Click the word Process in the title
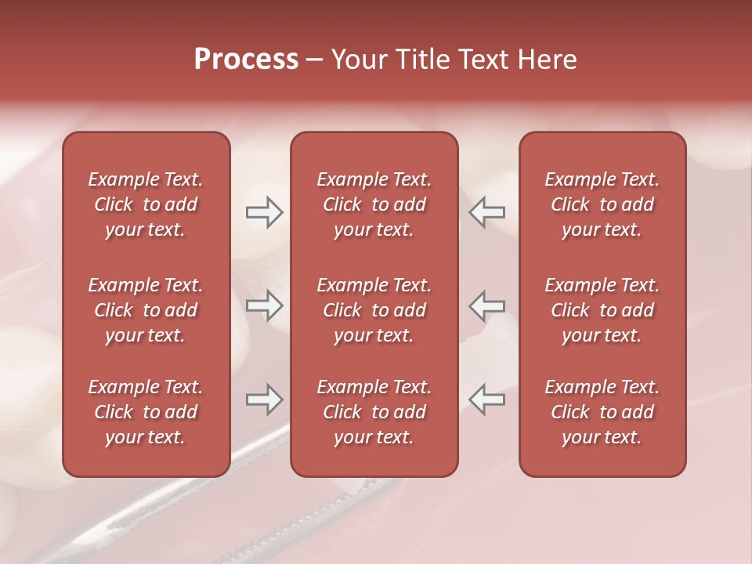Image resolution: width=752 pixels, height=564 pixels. pyautogui.click(x=246, y=60)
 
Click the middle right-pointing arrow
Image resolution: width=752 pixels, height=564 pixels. pyautogui.click(x=264, y=305)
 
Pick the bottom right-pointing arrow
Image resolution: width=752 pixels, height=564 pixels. pyautogui.click(x=264, y=399)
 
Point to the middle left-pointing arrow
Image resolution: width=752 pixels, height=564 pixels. pyautogui.click(x=486, y=305)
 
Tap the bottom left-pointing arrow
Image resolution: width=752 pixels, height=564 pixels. pyautogui.click(x=486, y=399)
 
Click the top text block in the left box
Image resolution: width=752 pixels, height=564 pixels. pyautogui.click(x=146, y=204)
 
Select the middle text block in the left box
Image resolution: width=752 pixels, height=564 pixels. pyautogui.click(x=146, y=310)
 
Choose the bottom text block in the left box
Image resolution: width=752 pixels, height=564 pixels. pyautogui.click(x=146, y=412)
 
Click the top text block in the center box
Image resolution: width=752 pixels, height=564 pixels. pyautogui.click(x=374, y=204)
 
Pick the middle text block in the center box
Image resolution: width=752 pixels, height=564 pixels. pyautogui.click(x=374, y=310)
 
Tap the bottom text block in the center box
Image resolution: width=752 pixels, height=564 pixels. pyautogui.click(x=374, y=412)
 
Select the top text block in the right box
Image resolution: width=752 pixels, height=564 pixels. pyautogui.click(x=602, y=204)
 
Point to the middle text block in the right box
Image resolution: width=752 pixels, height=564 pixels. pyautogui.click(x=602, y=310)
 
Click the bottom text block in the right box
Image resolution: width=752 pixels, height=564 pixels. pyautogui.click(x=602, y=412)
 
